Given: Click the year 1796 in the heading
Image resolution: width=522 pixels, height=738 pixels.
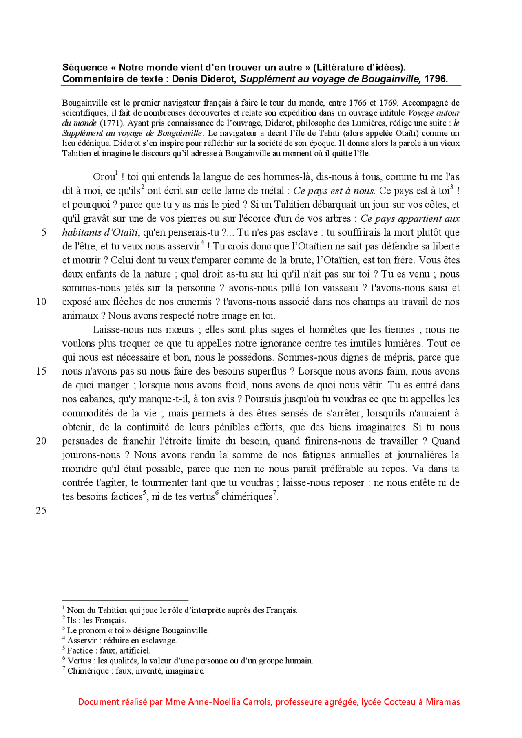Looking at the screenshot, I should click(436, 79).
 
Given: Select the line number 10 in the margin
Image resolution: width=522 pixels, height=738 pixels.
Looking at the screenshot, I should click(41, 302).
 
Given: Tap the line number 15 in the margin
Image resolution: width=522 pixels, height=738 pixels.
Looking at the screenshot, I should click(41, 371).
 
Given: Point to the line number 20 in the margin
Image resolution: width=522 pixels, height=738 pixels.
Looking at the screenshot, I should click(41, 441).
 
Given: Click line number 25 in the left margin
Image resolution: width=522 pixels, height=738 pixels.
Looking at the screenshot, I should click(41, 511).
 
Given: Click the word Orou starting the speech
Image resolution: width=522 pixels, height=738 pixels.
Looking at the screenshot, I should click(104, 177).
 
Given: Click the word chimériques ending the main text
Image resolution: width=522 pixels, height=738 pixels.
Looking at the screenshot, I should click(247, 497).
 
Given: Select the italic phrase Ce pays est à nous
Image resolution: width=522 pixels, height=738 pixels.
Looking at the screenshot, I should click(334, 191).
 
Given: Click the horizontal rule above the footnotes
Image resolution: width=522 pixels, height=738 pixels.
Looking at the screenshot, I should click(125, 600).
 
